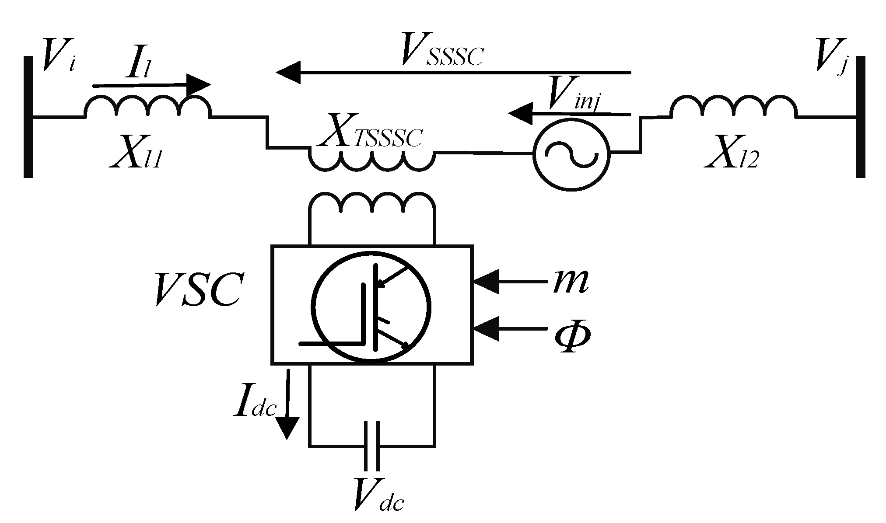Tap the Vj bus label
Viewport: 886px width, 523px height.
[x=830, y=60]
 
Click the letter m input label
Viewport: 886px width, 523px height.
[x=570, y=281]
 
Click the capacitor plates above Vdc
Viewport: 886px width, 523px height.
[x=371, y=446]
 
